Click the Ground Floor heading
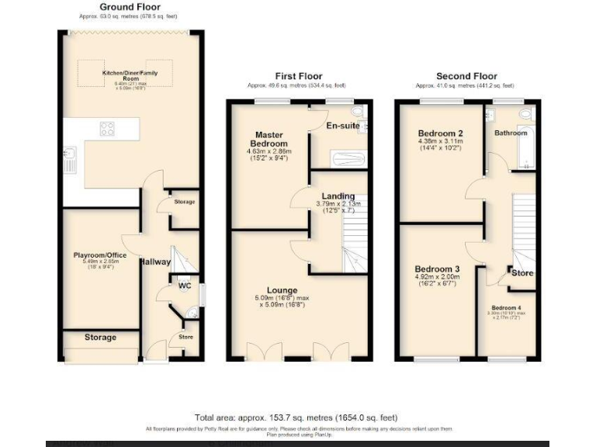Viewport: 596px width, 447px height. click(x=130, y=6)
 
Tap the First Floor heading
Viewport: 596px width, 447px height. click(x=299, y=76)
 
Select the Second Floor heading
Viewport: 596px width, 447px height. click(x=466, y=76)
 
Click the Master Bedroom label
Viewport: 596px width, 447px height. click(x=269, y=139)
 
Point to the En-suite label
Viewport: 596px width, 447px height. click(x=341, y=126)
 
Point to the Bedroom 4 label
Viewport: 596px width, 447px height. click(x=506, y=307)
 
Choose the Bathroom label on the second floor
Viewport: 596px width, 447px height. click(x=511, y=133)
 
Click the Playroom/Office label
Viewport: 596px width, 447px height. click(x=100, y=254)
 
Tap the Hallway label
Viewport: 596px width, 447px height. click(x=155, y=262)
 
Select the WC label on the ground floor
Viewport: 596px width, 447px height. click(x=185, y=286)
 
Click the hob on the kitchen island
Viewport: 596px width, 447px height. click(x=107, y=130)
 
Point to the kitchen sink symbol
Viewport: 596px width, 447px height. click(x=70, y=159)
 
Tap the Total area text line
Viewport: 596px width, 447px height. click(x=298, y=418)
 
